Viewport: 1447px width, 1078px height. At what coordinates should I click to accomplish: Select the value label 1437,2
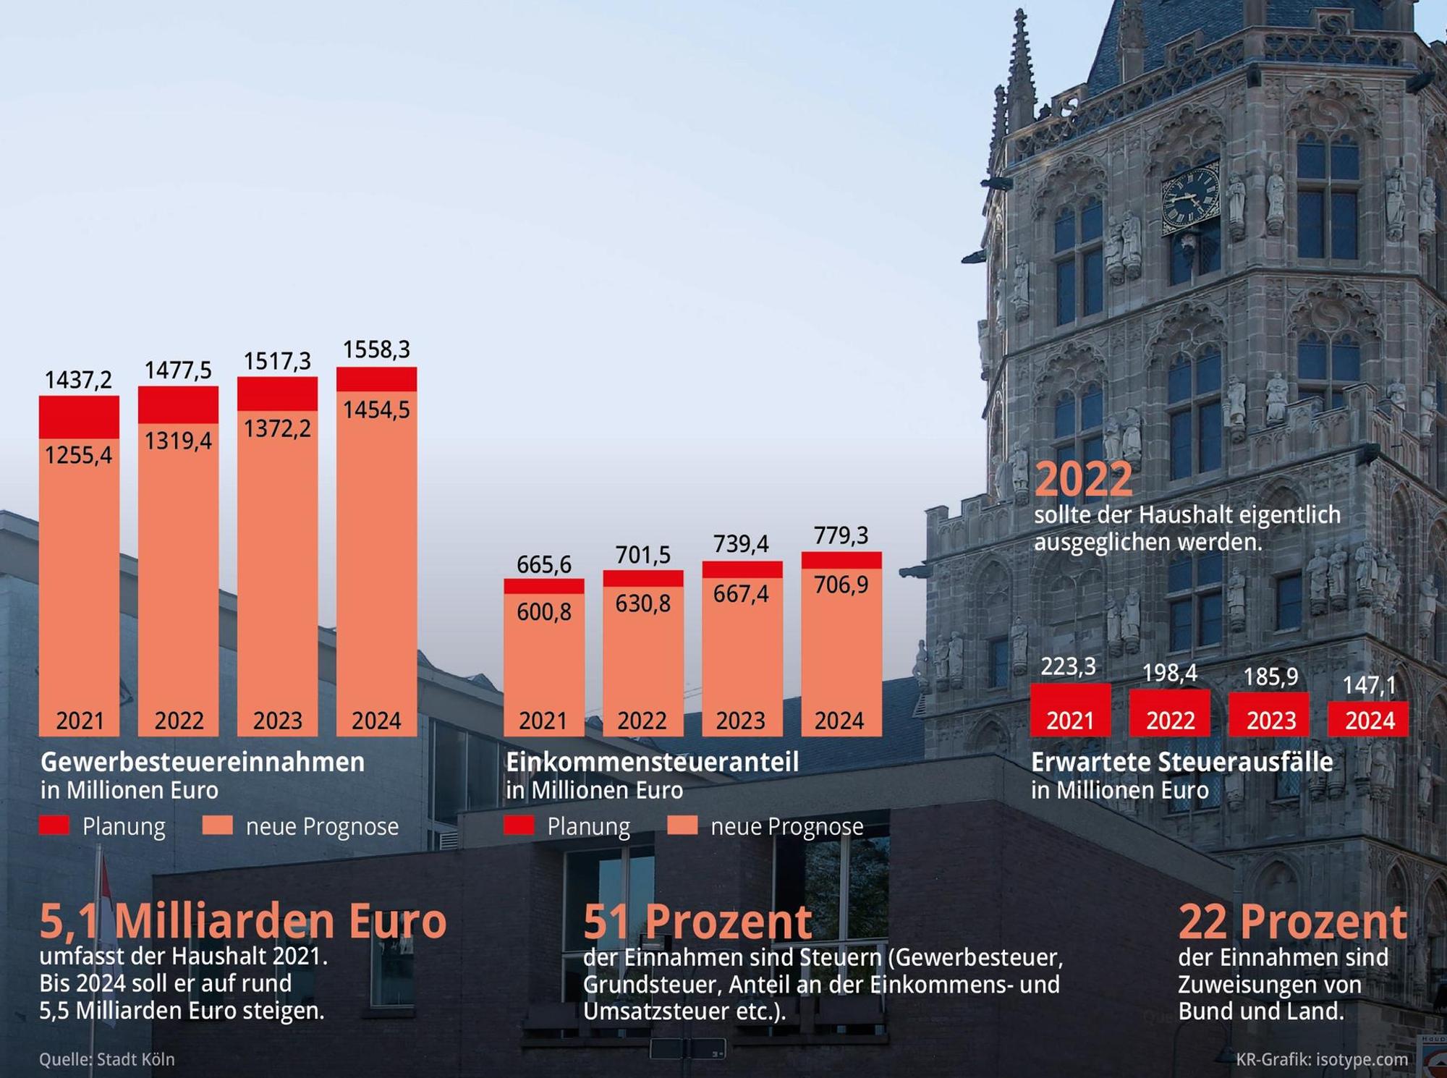pos(79,379)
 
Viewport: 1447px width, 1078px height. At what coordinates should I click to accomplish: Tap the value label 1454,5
pos(376,409)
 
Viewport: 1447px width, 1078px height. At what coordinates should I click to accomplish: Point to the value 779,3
pos(841,535)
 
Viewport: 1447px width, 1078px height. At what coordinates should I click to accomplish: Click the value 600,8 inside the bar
pos(544,612)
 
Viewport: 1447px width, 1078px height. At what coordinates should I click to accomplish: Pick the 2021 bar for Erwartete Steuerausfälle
pos(1070,710)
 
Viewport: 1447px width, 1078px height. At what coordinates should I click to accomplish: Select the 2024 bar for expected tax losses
pos(1368,719)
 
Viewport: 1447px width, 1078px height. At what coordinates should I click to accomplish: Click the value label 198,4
pos(1170,673)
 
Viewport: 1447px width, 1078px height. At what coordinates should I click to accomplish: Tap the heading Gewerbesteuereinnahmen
pos(203,762)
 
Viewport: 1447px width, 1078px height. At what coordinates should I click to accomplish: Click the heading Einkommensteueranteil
pos(652,762)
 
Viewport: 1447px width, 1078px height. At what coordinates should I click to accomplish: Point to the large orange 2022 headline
pos(1084,479)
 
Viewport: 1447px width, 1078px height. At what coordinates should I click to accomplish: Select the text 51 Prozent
pos(698,921)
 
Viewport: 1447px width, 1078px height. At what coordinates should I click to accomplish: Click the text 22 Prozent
pos(1293,921)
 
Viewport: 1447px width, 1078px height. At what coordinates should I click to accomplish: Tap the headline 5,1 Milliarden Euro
pos(243,921)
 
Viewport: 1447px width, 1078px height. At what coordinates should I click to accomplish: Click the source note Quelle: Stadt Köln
pos(107,1059)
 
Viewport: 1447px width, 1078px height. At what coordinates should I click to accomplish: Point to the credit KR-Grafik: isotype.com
pos(1322,1059)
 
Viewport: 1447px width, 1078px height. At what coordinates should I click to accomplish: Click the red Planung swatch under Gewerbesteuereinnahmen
pos(54,826)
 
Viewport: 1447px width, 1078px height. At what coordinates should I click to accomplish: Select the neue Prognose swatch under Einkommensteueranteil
pos(682,826)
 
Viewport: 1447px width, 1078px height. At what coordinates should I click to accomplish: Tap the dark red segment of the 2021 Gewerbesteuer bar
pos(79,417)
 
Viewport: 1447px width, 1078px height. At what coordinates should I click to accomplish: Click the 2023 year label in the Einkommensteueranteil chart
pos(741,721)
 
